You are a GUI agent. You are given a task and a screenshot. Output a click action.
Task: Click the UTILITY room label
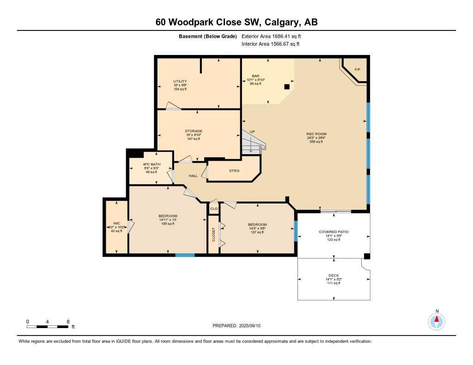pos(180,81)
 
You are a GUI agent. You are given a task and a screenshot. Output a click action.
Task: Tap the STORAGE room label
pos(194,131)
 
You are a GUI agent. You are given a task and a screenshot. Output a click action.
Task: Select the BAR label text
pos(255,76)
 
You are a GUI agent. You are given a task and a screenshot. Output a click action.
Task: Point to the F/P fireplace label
pos(357,70)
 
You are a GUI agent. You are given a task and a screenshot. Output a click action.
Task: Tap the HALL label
pos(193,176)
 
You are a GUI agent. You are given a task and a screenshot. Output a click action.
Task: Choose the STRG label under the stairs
pos(234,171)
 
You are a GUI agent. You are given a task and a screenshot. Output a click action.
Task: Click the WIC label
pos(116,223)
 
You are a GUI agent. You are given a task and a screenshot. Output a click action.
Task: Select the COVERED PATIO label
pos(334,232)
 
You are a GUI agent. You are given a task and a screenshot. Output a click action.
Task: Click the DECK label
pos(333,275)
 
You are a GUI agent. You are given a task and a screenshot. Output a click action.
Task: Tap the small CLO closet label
pos(213,209)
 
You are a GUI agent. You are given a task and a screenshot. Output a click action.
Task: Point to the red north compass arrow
pos(437,319)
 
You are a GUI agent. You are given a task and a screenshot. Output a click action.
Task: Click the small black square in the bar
pos(287,86)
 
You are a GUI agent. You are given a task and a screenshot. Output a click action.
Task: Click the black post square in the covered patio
pos(367,256)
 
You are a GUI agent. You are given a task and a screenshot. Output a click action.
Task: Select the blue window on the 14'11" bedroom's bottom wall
pos(185,254)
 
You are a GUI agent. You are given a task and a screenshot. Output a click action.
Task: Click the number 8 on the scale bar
pos(68,321)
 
